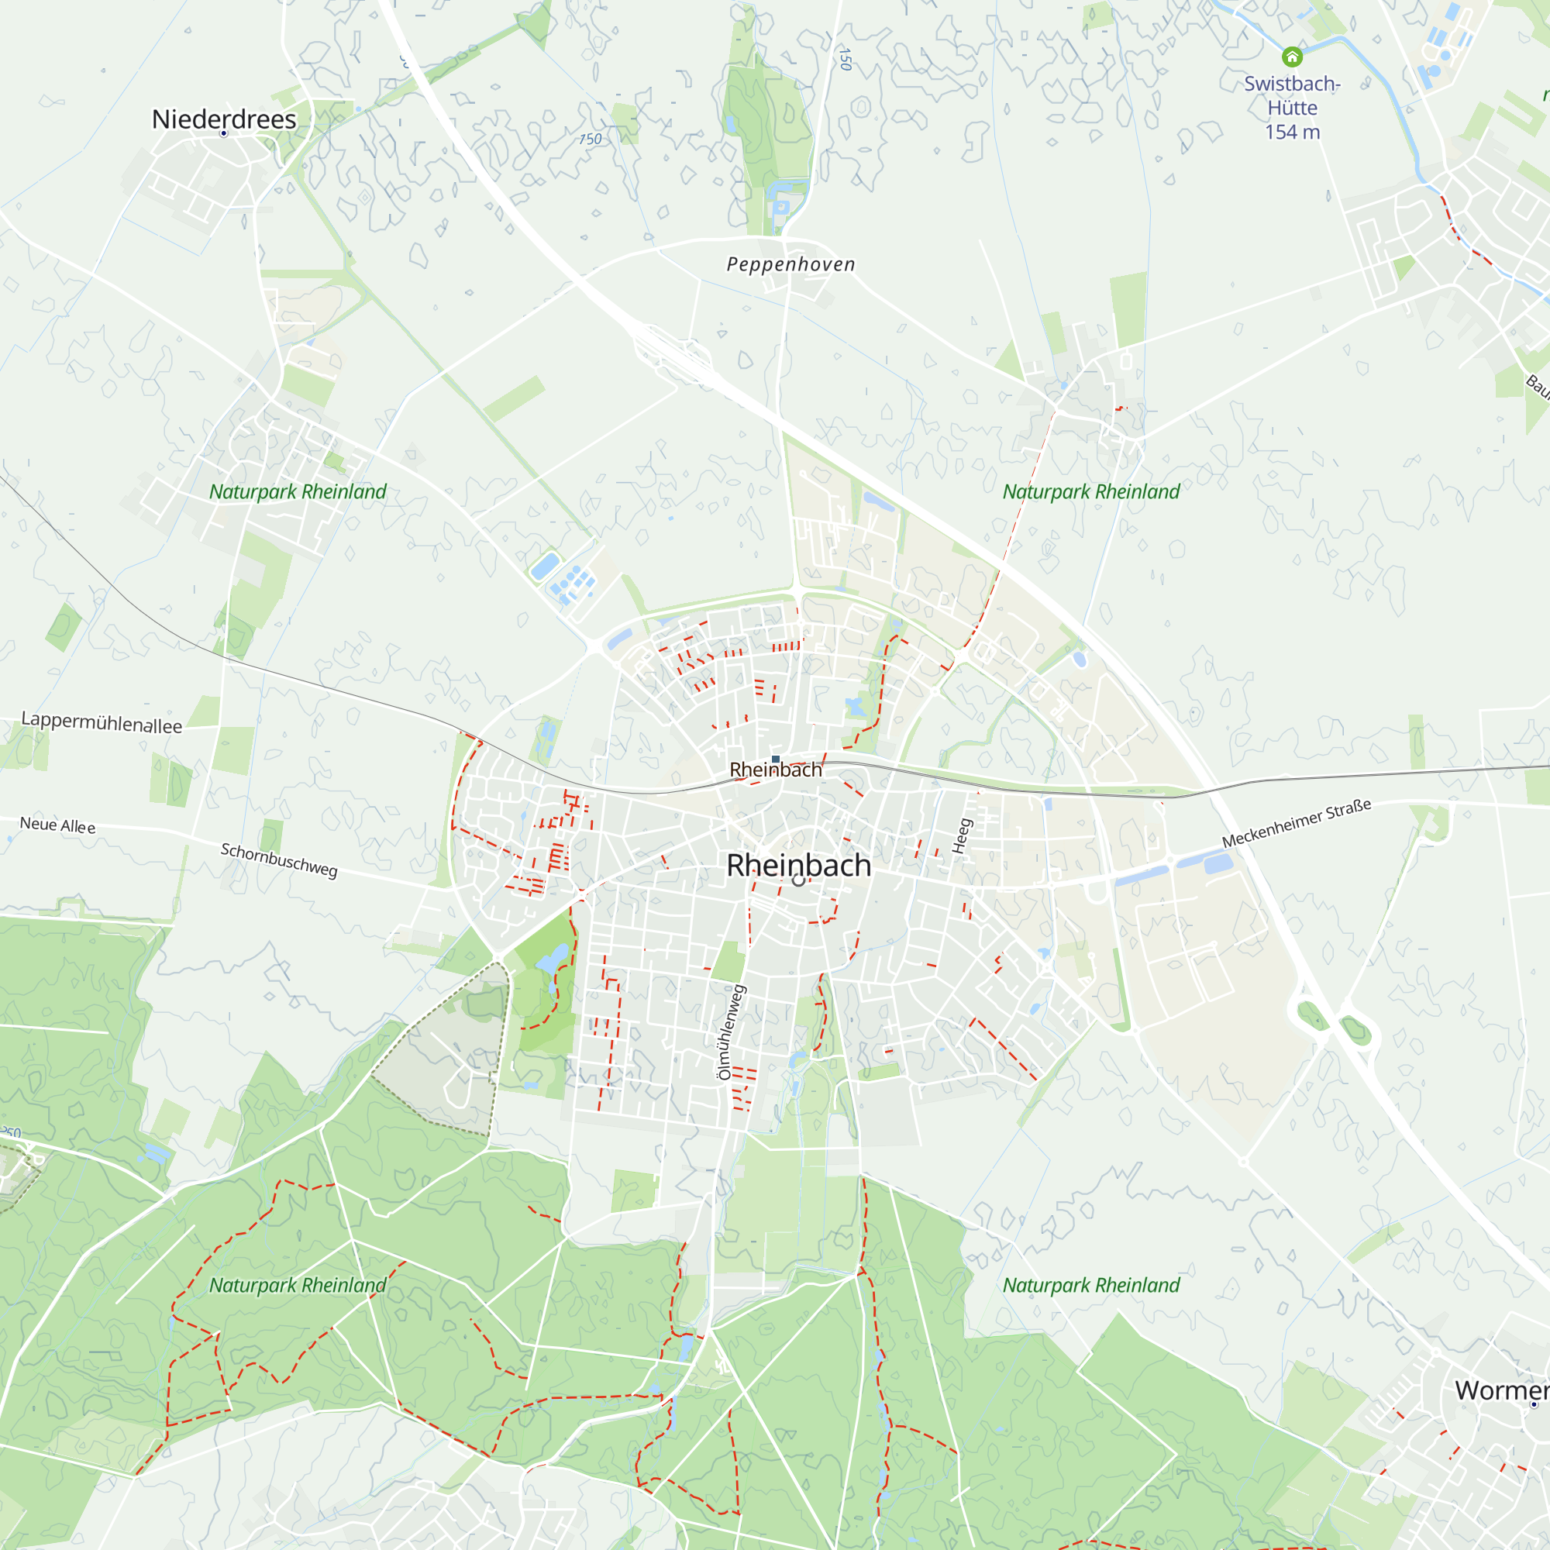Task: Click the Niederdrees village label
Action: click(224, 119)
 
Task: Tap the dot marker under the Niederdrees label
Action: click(224, 133)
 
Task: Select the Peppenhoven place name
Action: click(790, 264)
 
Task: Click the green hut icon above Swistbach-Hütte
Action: click(1292, 56)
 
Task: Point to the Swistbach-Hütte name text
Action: click(1292, 95)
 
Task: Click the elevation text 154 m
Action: click(1292, 133)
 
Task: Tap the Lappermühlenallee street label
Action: click(102, 722)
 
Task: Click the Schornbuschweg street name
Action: click(278, 859)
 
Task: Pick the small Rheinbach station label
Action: click(776, 770)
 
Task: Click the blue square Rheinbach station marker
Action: click(776, 758)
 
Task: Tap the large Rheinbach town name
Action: click(798, 865)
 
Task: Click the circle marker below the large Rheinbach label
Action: click(798, 880)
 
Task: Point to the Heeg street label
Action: click(962, 835)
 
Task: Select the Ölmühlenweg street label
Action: click(731, 1032)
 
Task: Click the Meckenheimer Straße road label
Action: click(1297, 823)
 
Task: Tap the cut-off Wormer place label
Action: click(1501, 1390)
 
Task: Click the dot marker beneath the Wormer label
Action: click(1534, 1404)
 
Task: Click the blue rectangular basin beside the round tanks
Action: click(545, 567)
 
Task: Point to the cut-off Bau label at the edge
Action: click(1537, 386)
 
